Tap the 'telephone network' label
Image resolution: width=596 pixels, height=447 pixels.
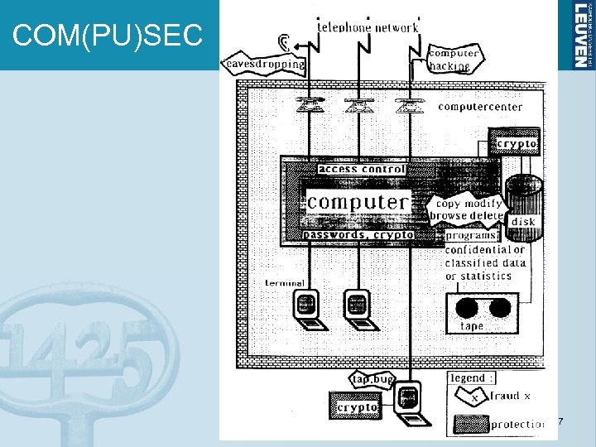pyautogui.click(x=368, y=26)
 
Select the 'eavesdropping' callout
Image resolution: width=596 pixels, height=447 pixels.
pyautogui.click(x=263, y=63)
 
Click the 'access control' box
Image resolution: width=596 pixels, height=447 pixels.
pyautogui.click(x=362, y=170)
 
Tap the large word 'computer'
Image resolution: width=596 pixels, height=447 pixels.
pyautogui.click(x=358, y=201)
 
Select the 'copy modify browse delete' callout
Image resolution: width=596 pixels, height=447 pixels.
pyautogui.click(x=468, y=209)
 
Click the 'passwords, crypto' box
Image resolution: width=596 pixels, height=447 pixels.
pyautogui.click(x=358, y=235)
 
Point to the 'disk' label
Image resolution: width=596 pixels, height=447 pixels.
pyautogui.click(x=523, y=222)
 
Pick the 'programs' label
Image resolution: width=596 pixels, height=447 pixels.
pyautogui.click(x=470, y=235)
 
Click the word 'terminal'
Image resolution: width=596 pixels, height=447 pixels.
pyautogui.click(x=285, y=282)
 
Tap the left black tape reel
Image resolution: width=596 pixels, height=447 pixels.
pyautogui.click(x=468, y=309)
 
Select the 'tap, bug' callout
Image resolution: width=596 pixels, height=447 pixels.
pyautogui.click(x=372, y=378)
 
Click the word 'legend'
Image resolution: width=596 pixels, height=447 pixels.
pyautogui.click(x=468, y=378)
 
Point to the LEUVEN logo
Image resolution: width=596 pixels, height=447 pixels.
pyautogui.click(x=583, y=35)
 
